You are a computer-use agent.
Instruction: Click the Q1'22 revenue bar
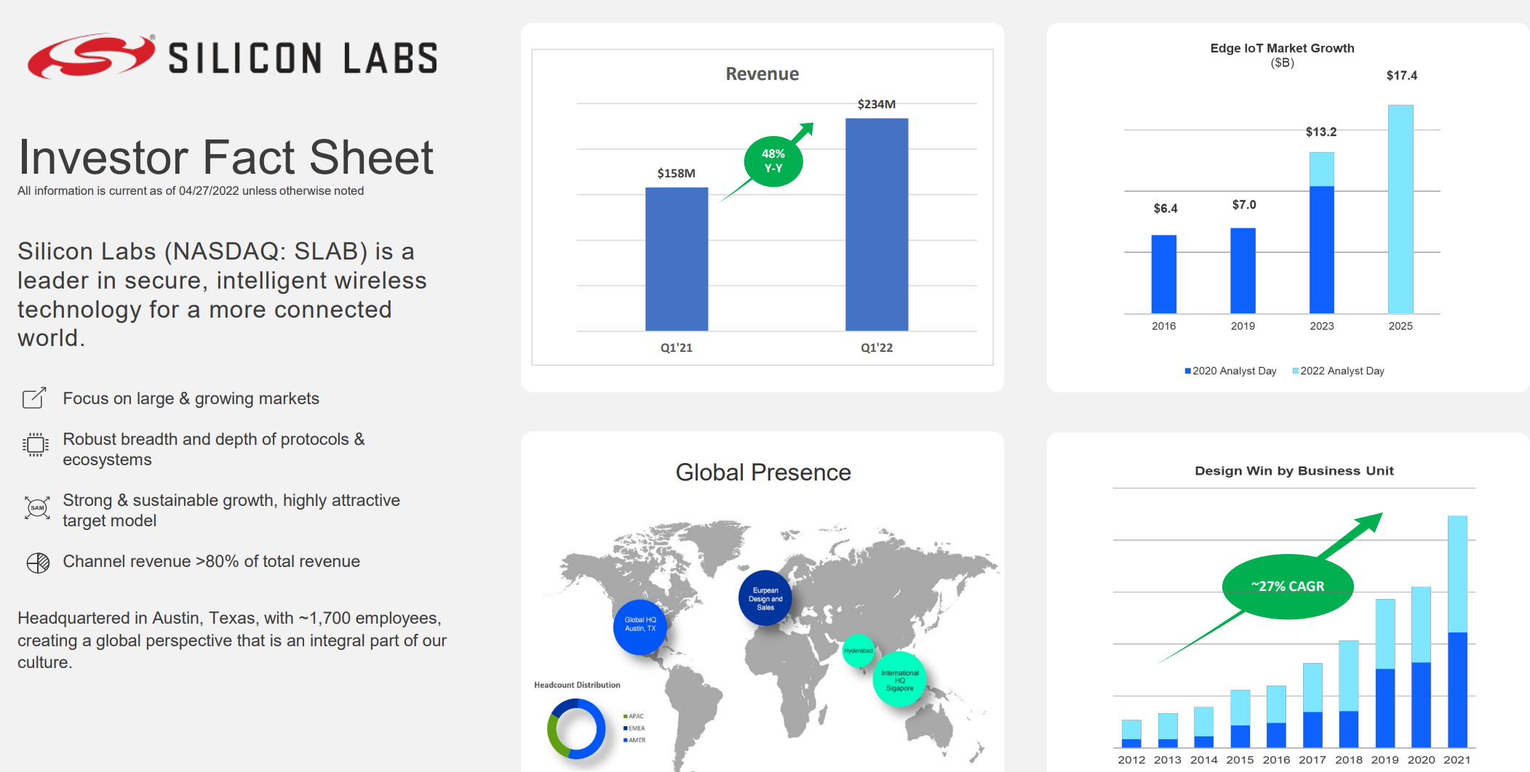click(x=877, y=225)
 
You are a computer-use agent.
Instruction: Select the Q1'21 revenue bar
click(x=677, y=260)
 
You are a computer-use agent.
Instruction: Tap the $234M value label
click(x=877, y=104)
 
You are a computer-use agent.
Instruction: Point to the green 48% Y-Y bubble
click(x=773, y=161)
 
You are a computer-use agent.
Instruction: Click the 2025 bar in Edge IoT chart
click(x=1400, y=209)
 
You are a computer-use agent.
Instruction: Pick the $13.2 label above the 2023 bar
click(x=1321, y=132)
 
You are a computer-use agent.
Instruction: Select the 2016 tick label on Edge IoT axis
click(x=1164, y=326)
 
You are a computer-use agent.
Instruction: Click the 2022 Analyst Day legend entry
click(x=1338, y=371)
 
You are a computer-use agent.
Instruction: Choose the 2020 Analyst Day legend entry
click(x=1230, y=371)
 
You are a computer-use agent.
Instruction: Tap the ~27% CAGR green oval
click(x=1288, y=587)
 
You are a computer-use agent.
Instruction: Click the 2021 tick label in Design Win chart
click(x=1457, y=760)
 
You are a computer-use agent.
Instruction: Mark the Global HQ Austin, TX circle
click(x=640, y=627)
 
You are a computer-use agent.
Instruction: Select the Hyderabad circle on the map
click(x=858, y=651)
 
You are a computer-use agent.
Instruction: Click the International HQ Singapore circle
click(x=900, y=680)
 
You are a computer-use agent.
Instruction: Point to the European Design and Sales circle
click(x=765, y=598)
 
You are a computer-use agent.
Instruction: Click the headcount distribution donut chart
click(x=576, y=728)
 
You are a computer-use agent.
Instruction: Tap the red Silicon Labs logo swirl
click(x=92, y=55)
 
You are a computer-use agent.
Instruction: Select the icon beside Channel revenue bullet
click(x=38, y=563)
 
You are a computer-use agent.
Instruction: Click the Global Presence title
click(x=763, y=473)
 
